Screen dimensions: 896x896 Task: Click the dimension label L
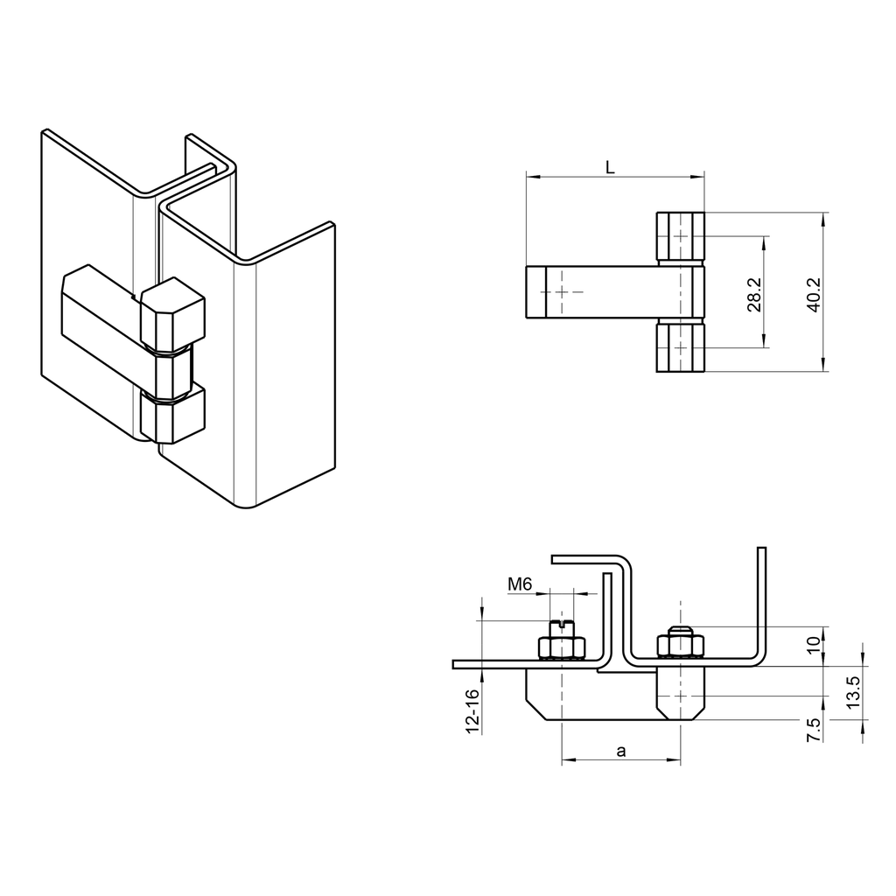[611, 167]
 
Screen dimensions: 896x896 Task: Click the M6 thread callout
[521, 584]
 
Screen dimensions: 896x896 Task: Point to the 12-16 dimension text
[472, 710]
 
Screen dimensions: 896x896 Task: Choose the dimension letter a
[621, 751]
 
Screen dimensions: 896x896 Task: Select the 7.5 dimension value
[814, 728]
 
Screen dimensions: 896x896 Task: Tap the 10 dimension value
[814, 646]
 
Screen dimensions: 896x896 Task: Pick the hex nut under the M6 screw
[562, 647]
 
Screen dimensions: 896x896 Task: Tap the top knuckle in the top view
[680, 236]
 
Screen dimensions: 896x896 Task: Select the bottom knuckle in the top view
[680, 347]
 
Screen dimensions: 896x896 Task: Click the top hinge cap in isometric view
[172, 315]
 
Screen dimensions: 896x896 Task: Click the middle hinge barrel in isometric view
[172, 372]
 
